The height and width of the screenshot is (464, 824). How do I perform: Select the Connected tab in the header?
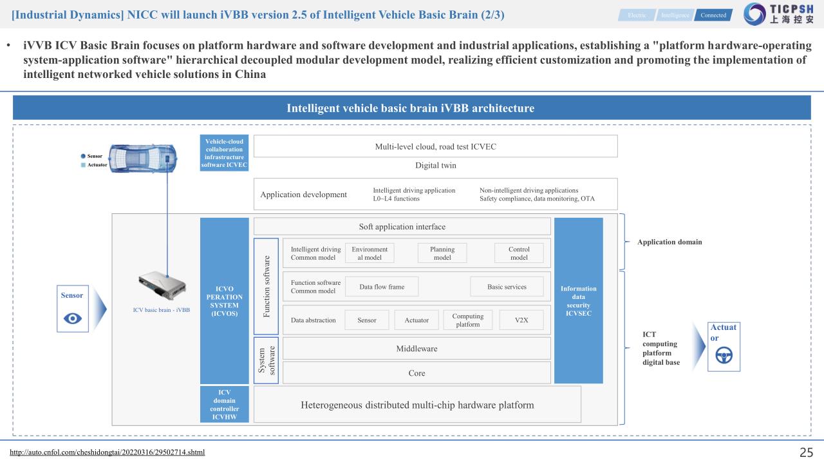coord(713,15)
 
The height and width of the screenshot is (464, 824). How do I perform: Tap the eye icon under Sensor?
coord(73,318)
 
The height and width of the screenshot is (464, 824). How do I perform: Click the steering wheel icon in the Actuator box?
coord(724,355)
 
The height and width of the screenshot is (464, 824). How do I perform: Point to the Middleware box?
coord(417,349)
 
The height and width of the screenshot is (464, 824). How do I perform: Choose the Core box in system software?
coord(417,373)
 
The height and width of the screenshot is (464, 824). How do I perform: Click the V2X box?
coord(521,320)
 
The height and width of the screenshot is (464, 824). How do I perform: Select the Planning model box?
coord(442,253)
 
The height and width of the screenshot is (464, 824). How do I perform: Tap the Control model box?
coord(519,253)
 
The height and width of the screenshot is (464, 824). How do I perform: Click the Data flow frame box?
coord(382,287)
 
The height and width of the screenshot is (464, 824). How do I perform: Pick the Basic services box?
coord(507,287)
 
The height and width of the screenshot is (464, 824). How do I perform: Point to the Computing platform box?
coord(468,320)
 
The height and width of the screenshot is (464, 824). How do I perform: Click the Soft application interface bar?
coord(402,226)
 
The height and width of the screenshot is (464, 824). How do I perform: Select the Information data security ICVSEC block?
coord(578,301)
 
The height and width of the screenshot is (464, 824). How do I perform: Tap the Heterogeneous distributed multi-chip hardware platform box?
coord(417,405)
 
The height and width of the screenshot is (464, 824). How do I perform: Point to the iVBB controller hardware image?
coord(164,287)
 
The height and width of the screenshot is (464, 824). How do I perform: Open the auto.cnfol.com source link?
coord(108,452)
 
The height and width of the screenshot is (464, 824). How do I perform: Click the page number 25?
coord(806,452)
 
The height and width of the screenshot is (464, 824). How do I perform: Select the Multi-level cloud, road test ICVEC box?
coord(435,146)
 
